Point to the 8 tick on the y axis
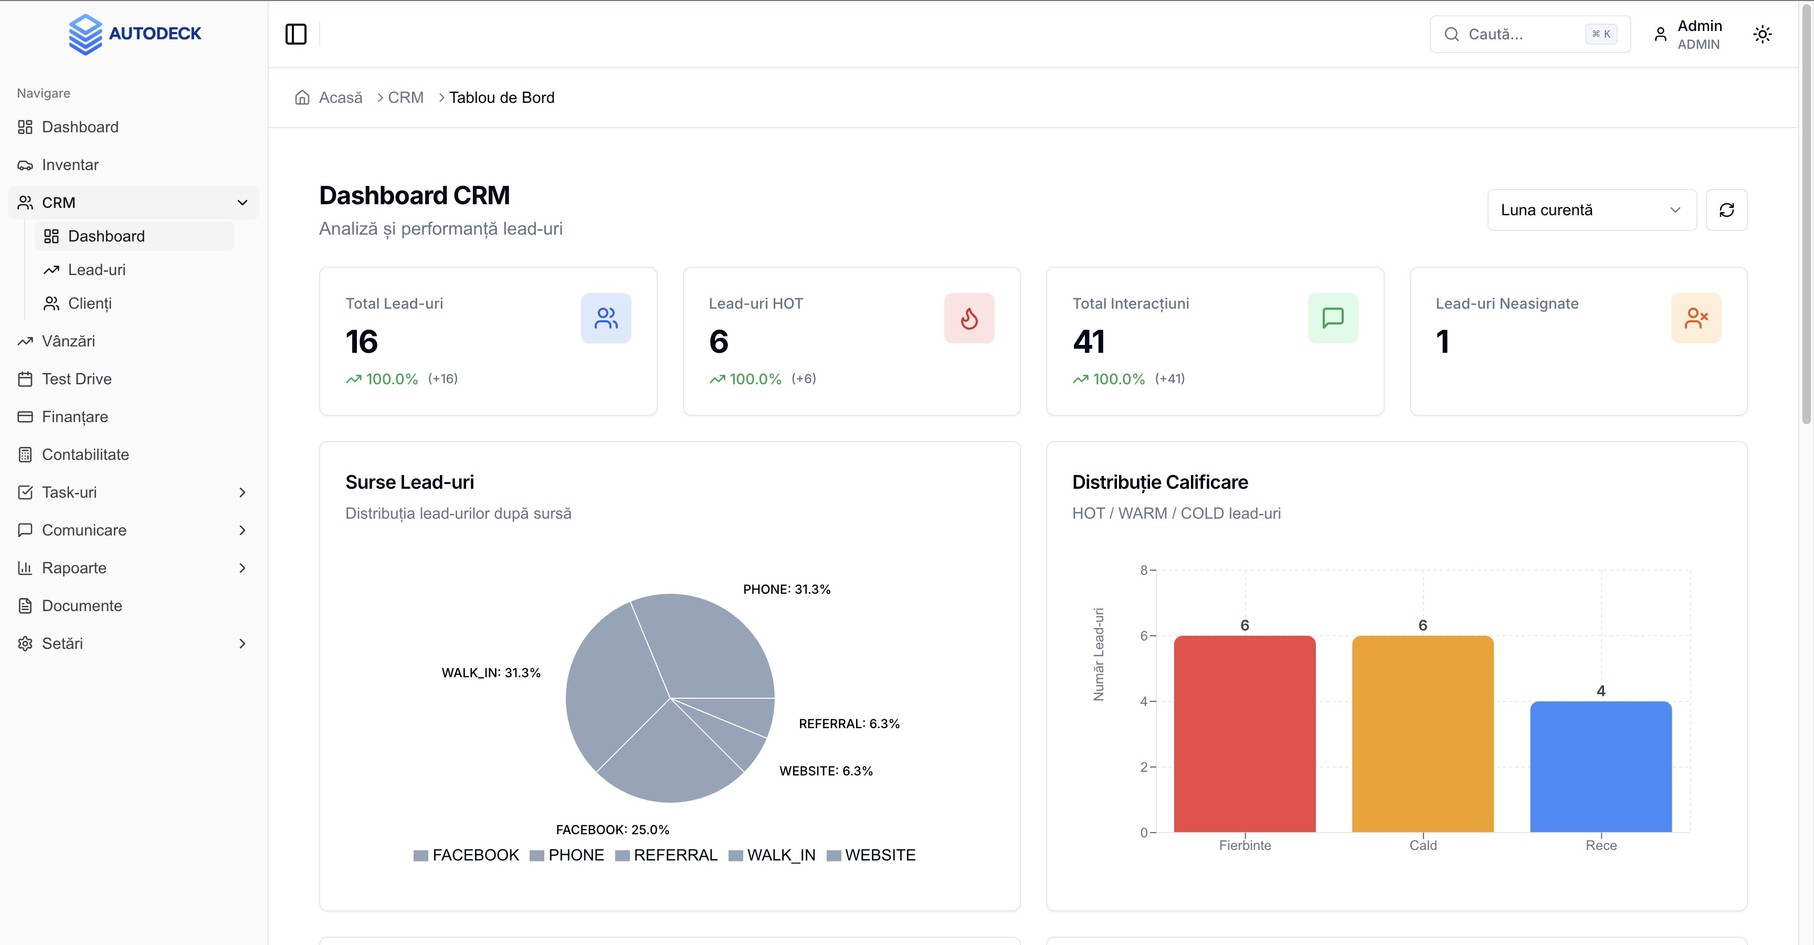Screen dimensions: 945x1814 (1144, 570)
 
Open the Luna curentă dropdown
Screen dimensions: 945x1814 (1591, 210)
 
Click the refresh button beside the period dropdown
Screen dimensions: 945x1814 (1726, 210)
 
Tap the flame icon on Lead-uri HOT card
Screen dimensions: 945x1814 (969, 318)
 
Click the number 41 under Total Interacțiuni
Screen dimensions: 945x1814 (1089, 342)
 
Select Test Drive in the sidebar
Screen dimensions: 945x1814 (76, 379)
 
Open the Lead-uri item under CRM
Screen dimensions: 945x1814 (97, 270)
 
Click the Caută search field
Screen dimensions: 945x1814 (1521, 34)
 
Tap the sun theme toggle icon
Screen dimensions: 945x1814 (1762, 34)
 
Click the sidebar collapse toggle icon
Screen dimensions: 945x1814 (296, 34)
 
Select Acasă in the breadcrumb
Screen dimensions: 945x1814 (340, 97)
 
